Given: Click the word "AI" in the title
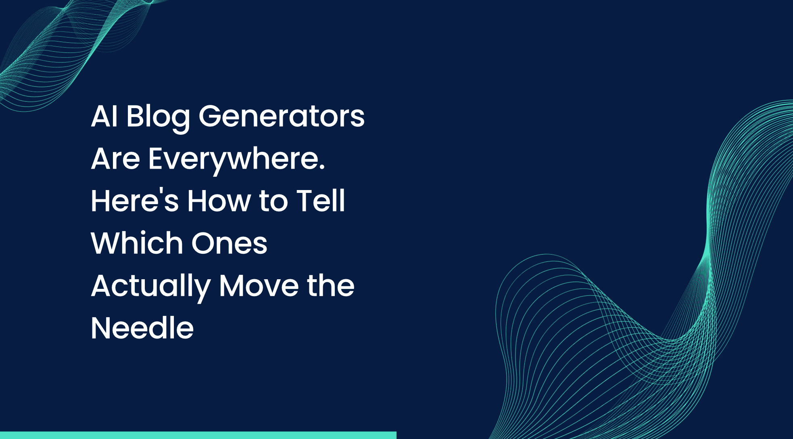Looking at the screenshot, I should (x=104, y=116).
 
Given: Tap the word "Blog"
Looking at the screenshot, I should (x=158, y=117).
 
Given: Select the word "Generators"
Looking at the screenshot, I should (x=282, y=116).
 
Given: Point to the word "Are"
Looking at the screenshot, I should (x=115, y=159).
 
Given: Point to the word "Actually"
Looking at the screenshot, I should (x=150, y=286).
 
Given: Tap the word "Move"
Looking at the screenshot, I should (x=259, y=286).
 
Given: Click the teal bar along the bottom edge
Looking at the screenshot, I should (x=198, y=435).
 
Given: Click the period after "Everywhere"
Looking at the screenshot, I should (x=322, y=168).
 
